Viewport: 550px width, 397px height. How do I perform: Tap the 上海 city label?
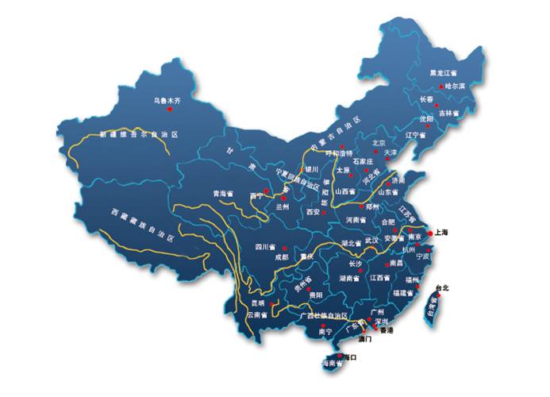click(440, 233)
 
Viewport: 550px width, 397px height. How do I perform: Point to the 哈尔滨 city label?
click(457, 86)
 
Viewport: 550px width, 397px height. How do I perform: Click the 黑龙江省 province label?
click(443, 72)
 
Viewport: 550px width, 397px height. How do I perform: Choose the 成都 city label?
click(283, 256)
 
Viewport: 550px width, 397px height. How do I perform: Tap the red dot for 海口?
click(339, 356)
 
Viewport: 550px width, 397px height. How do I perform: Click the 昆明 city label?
click(258, 303)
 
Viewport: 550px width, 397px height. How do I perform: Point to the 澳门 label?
click(365, 338)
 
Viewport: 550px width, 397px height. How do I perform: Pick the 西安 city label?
click(311, 212)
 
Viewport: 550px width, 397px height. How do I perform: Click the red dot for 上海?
click(429, 233)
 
